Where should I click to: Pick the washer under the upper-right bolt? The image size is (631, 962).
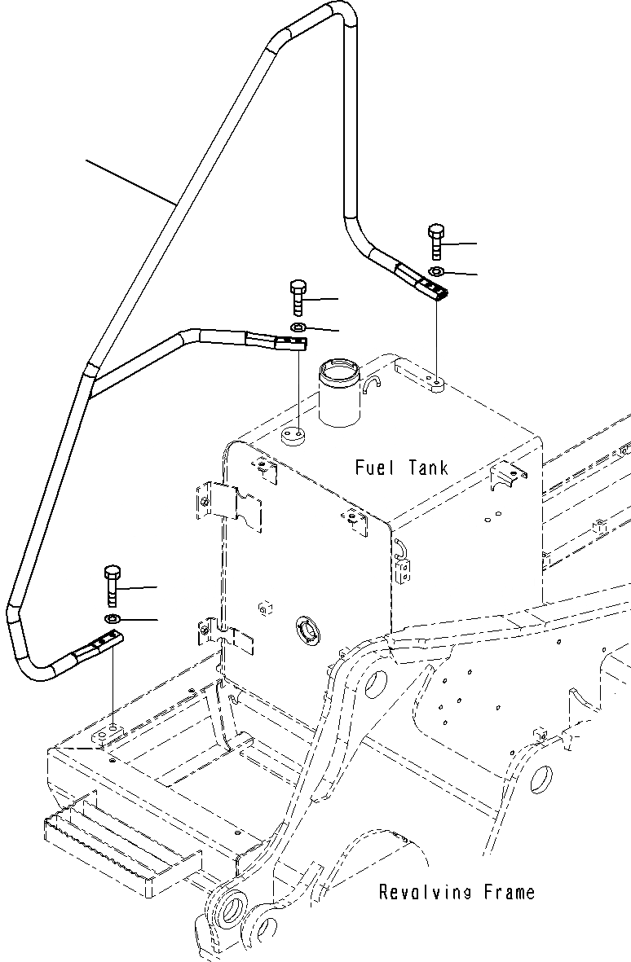436,271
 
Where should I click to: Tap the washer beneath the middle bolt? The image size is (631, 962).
298,327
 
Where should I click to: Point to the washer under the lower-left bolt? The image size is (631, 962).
113,620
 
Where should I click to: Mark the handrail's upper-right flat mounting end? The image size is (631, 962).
424,285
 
